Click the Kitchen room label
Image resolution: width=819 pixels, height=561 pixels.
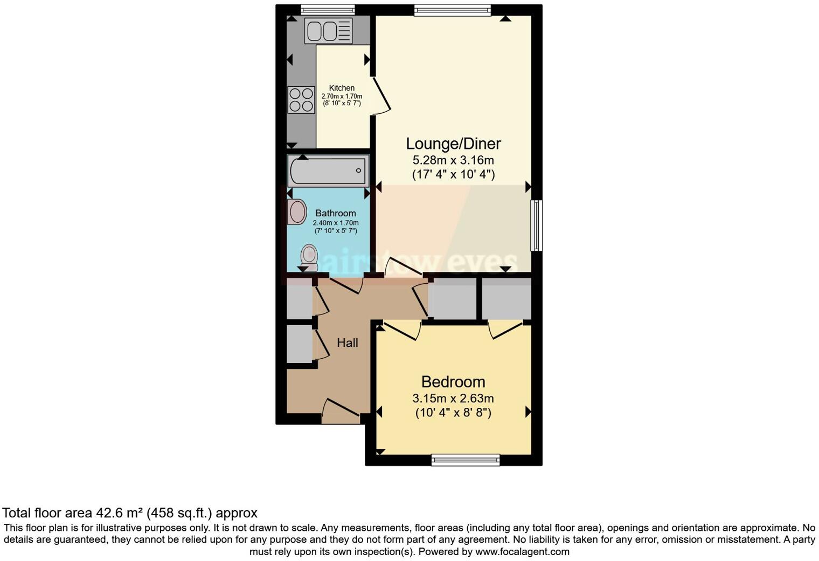pos(342,88)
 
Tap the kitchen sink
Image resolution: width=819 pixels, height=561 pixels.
pos(328,30)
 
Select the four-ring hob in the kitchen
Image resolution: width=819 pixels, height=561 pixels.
pos(301,100)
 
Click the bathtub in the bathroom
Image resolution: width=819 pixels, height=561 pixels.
pos(328,171)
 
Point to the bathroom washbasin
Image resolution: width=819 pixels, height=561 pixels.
pos(297,212)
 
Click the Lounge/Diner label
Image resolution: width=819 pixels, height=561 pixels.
pos(453,143)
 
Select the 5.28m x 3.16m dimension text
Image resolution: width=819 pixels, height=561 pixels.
pos(453,160)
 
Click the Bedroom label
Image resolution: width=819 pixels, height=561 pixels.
pos(453,382)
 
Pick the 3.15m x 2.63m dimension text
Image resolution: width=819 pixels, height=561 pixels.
pos(453,399)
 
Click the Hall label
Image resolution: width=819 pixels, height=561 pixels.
pos(348,343)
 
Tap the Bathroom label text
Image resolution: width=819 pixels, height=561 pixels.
pos(336,213)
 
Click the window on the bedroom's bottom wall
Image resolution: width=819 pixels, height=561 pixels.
pos(466,460)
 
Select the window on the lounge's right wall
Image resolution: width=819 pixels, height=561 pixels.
pos(537,225)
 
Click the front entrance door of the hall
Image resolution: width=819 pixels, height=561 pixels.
pos(341,413)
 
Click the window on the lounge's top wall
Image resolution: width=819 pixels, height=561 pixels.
pos(453,10)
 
